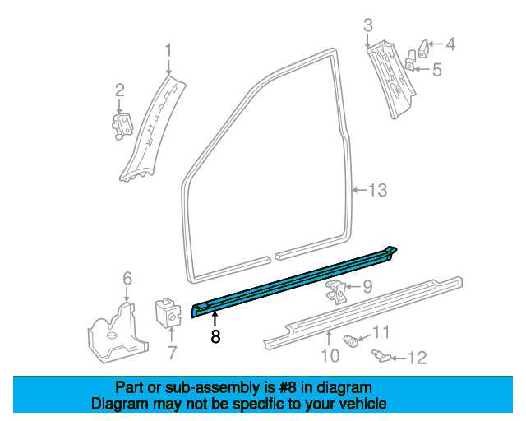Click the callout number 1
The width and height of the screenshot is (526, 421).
(x=168, y=50)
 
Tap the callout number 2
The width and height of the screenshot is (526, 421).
(x=119, y=90)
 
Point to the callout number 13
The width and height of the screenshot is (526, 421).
(x=376, y=191)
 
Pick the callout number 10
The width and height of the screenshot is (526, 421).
(x=330, y=355)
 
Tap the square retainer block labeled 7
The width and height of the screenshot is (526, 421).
(x=170, y=311)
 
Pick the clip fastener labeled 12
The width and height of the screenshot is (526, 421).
(x=381, y=354)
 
